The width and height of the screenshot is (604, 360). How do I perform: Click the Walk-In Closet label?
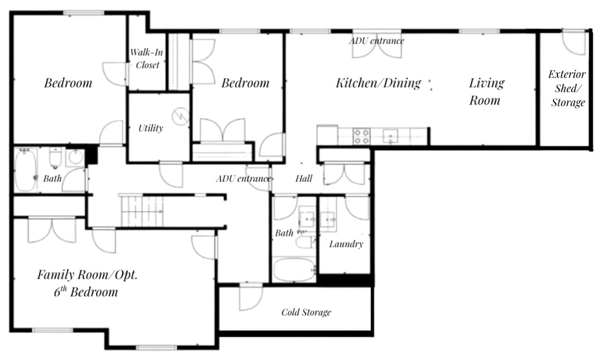[147, 59]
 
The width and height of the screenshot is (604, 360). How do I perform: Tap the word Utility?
[150, 128]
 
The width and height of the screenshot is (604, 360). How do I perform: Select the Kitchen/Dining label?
[378, 83]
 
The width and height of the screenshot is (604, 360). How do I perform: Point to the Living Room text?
[486, 91]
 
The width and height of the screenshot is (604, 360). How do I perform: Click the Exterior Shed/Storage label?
[567, 89]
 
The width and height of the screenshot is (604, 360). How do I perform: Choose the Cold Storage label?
[306, 312]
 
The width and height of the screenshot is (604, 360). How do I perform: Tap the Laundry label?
[346, 244]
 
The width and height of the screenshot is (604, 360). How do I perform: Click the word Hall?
[303, 179]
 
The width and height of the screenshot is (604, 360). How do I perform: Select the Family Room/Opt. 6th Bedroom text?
[87, 283]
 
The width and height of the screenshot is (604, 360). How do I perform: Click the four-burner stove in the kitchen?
[361, 137]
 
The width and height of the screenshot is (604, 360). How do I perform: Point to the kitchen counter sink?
[390, 137]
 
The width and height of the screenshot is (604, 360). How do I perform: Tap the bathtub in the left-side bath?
[26, 170]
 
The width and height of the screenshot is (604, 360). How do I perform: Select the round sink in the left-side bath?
[74, 158]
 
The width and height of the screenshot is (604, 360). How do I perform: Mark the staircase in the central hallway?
[142, 211]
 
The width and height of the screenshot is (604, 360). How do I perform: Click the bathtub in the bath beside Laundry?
[294, 270]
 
